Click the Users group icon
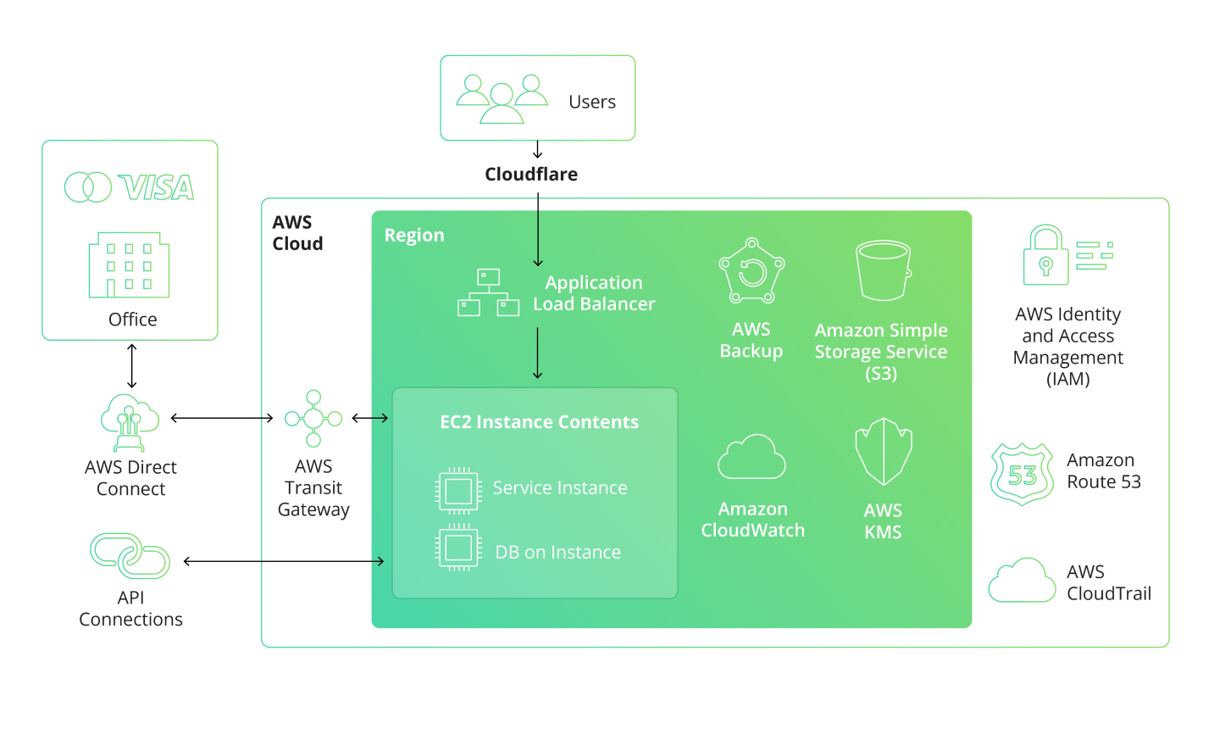coord(502,99)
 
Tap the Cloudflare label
coord(531,175)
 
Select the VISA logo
coord(157,187)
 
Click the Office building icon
coord(129,265)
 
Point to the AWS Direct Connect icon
coord(130,422)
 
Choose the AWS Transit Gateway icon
coord(313,418)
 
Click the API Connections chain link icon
coord(130,556)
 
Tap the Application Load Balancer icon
coord(488,292)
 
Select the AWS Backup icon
coord(751,271)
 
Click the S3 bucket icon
coord(883,270)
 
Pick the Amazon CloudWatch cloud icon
coord(751,458)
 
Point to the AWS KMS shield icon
coord(883,452)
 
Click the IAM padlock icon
coord(1046,255)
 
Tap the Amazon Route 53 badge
coord(1023,474)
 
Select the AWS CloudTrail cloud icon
coord(1022,581)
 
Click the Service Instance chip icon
coord(458,490)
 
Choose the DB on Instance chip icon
coord(458,548)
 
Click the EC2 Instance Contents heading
coord(539,422)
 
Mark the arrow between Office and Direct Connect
coord(132,365)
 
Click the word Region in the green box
coord(414,236)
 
